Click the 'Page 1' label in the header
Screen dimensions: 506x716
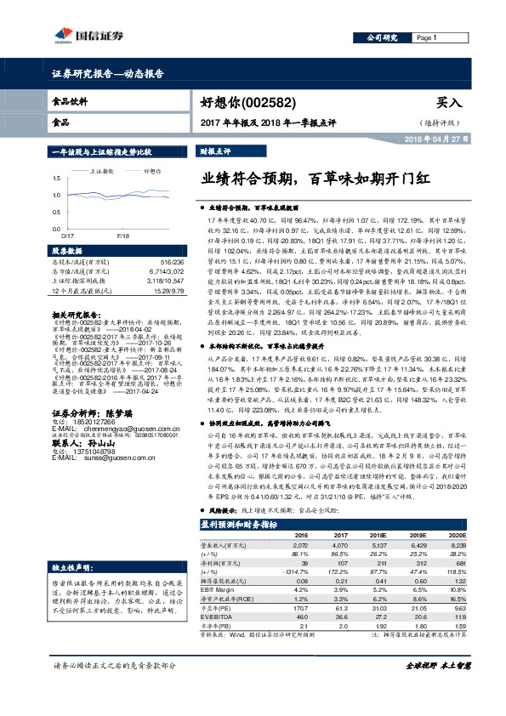(426, 38)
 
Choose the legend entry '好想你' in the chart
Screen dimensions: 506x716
(154, 170)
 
